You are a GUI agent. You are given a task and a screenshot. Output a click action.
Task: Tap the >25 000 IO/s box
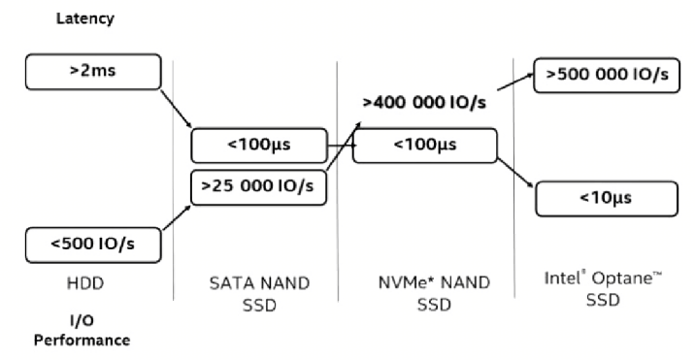259,185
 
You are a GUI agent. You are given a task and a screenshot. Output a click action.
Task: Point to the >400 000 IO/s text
424,101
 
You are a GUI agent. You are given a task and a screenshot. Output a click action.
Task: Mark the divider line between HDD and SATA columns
173,194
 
